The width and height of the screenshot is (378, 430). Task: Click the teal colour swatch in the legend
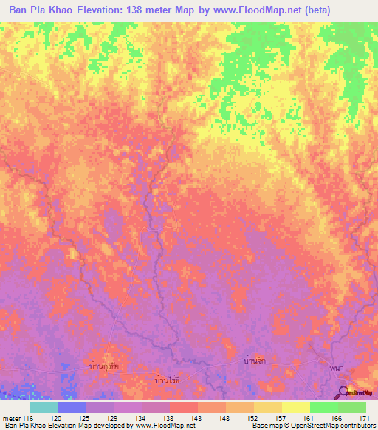pos(44,407)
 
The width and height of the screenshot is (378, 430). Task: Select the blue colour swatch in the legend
pos(72,407)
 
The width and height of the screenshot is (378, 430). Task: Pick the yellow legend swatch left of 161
pos(295,407)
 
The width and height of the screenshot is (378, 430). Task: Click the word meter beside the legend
pos(11,418)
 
